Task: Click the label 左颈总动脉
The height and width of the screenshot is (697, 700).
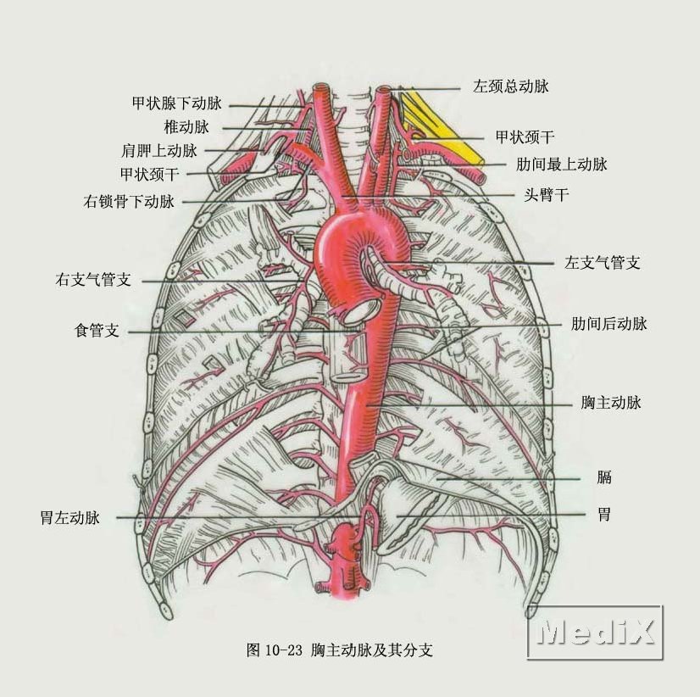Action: pos(511,86)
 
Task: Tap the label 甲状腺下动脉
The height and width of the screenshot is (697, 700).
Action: pos(177,103)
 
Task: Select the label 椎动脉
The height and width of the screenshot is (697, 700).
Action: pos(186,127)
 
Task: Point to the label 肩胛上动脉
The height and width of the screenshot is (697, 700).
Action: pos(159,150)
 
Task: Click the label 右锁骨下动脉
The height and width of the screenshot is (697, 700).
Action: pos(129,202)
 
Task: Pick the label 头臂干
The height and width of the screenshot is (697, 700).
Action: pos(547,195)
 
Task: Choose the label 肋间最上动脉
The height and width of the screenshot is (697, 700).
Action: pos(562,164)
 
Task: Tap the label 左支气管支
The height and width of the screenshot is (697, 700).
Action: pos(603,262)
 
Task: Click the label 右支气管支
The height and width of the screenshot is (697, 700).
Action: pos(93,280)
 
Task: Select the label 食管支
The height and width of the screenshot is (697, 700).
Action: pos(97,331)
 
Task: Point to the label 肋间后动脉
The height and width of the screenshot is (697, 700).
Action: pos(609,323)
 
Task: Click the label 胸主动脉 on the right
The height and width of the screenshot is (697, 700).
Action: pos(611,403)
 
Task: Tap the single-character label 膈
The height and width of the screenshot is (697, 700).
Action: pos(604,477)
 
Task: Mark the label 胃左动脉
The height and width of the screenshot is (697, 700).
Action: pos(70,518)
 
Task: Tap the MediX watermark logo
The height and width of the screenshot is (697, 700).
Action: pos(595,632)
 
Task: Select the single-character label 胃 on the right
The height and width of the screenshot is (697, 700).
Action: pos(604,514)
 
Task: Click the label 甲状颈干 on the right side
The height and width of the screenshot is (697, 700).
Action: pos(525,137)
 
